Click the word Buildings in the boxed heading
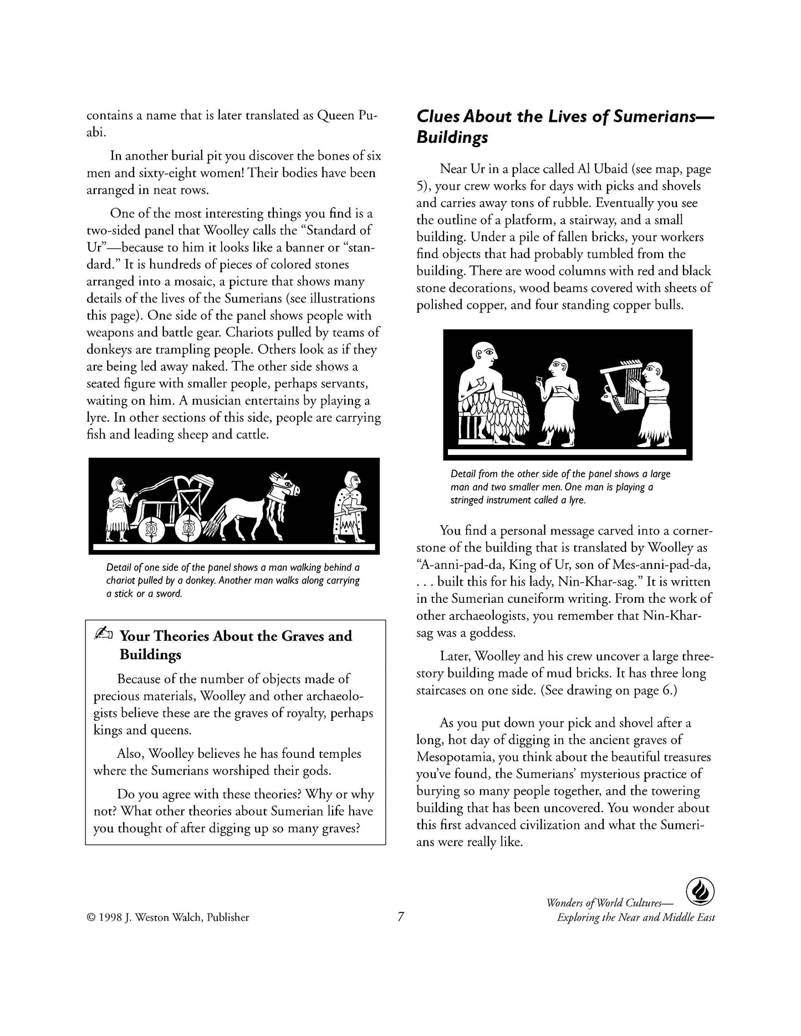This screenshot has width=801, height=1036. tap(151, 655)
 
